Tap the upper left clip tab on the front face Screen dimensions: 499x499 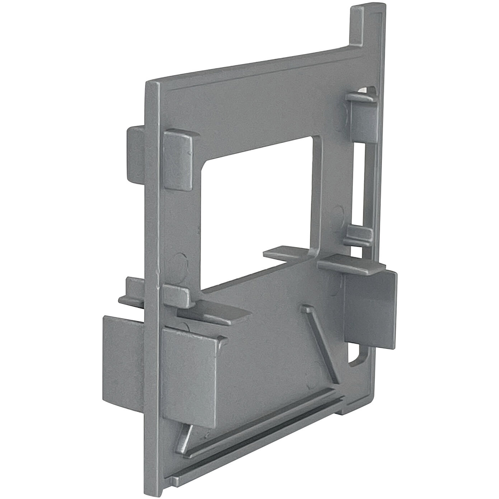(177, 158)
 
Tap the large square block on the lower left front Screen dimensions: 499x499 (190, 377)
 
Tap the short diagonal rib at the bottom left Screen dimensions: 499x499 (184, 436)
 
